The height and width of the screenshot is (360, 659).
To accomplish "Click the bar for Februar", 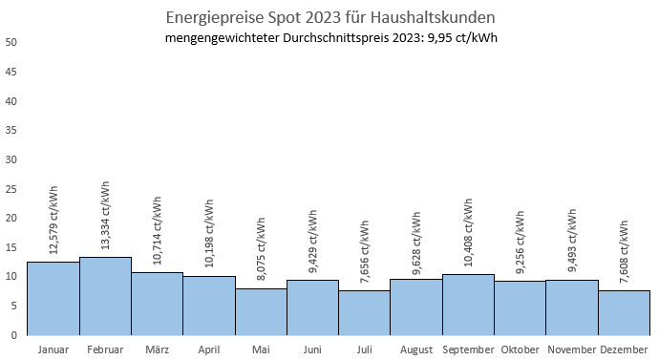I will point(105,296).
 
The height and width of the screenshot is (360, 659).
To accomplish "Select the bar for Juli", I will point(364,312).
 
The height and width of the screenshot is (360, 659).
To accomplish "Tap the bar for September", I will point(468,305).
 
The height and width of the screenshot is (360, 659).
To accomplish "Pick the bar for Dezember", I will point(624,312).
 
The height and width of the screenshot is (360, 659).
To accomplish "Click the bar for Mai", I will point(261,311).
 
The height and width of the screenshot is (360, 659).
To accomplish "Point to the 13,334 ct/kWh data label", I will point(105,217).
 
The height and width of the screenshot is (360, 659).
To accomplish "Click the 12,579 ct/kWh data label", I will point(53,222).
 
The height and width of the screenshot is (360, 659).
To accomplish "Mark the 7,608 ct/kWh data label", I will point(624,251).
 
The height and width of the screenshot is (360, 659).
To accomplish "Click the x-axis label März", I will point(157,350).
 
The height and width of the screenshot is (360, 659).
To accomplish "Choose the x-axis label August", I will point(415,350).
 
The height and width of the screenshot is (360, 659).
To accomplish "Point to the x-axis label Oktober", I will point(520,350).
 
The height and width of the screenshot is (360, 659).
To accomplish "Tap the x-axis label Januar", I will point(53,350).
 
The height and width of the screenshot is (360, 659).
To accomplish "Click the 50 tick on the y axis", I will point(11,43).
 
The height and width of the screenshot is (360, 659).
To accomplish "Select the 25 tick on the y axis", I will point(11,189).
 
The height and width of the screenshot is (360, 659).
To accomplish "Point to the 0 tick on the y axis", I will point(14,335).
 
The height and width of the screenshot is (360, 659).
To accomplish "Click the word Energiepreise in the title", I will point(209,17).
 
